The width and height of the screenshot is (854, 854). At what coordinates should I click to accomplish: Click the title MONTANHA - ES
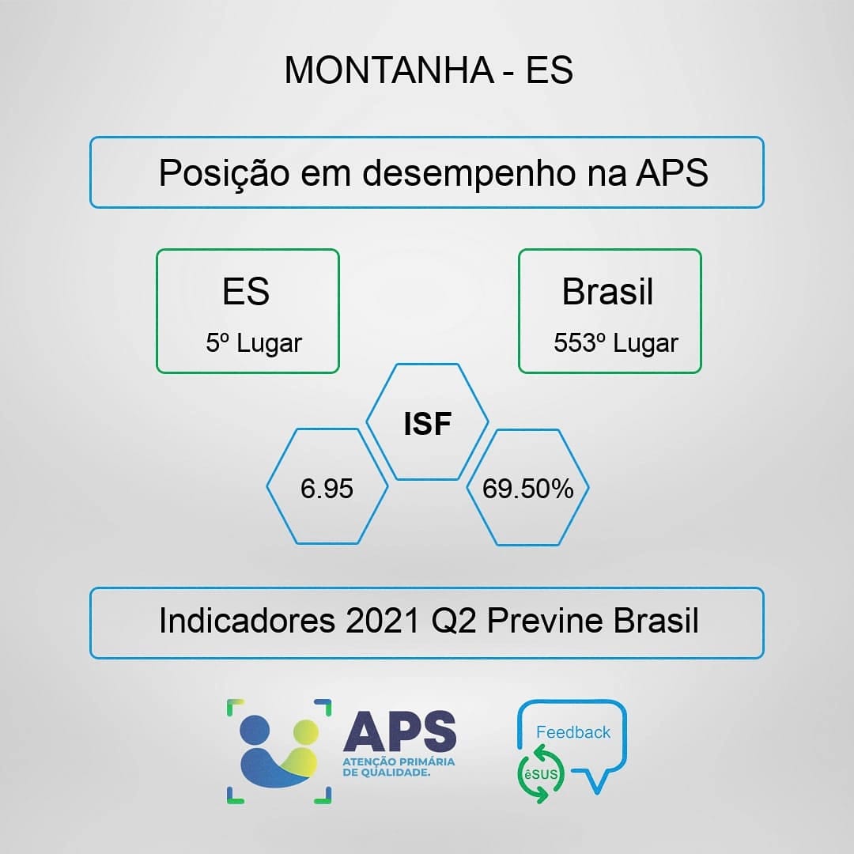(429, 70)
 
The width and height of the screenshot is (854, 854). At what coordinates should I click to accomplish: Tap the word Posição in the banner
(224, 173)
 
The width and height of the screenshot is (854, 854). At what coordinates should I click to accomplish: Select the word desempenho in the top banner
(469, 173)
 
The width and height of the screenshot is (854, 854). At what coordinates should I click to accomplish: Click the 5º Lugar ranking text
(253, 343)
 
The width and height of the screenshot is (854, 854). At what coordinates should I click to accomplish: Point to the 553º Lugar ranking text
(616, 343)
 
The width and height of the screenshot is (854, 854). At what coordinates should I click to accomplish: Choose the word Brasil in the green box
(607, 291)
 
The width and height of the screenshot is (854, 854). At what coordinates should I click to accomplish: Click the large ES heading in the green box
(246, 291)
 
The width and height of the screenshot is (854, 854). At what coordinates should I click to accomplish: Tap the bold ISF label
(428, 424)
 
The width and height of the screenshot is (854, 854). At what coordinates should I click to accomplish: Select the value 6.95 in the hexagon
(327, 489)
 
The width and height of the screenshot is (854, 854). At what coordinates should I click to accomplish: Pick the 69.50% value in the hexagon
(527, 489)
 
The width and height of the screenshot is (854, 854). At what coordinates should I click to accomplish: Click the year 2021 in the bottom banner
(383, 621)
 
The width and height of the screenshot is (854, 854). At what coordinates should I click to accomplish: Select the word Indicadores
(247, 621)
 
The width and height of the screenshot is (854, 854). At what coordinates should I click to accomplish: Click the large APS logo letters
(400, 731)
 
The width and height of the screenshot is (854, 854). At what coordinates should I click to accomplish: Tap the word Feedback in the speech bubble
(573, 732)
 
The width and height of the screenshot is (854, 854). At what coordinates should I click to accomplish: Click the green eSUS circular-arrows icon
(541, 774)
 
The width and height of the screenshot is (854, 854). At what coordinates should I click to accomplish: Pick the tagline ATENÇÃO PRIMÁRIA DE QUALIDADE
(399, 767)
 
